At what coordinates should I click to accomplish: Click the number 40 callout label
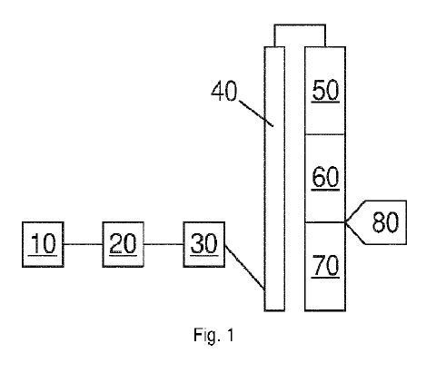click(x=224, y=91)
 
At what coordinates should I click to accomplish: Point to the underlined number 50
click(x=325, y=90)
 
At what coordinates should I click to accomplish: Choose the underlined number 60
click(x=325, y=177)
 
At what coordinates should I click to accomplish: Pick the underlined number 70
click(x=325, y=265)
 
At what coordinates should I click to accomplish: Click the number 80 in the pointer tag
click(x=385, y=222)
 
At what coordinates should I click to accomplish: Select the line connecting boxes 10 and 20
click(x=83, y=244)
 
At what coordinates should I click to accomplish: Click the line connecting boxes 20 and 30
click(x=163, y=244)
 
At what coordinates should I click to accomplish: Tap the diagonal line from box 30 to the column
click(x=245, y=268)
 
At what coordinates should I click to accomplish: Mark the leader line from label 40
click(x=256, y=113)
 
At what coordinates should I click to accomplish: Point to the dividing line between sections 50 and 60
click(x=325, y=134)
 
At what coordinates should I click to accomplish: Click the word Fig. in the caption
click(x=207, y=335)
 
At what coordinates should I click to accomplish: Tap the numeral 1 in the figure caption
click(x=230, y=335)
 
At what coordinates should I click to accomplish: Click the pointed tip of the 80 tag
click(x=346, y=222)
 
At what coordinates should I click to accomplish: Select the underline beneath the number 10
click(x=43, y=256)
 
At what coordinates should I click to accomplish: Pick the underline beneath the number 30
click(x=204, y=256)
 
